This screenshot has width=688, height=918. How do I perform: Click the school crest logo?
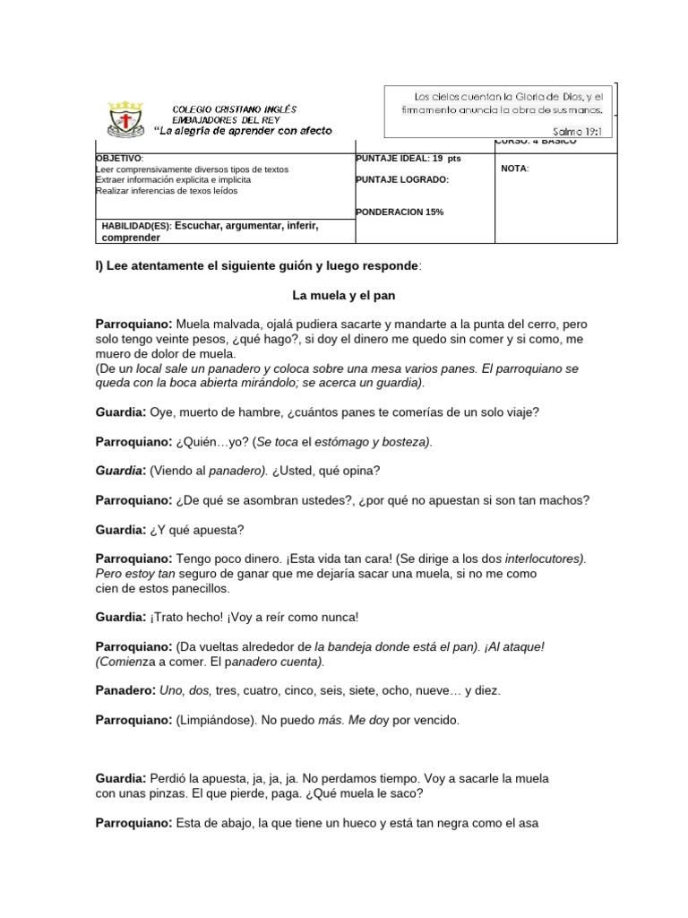(125, 119)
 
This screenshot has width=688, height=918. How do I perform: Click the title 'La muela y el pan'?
(343, 294)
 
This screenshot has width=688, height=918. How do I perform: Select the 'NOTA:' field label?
(515, 169)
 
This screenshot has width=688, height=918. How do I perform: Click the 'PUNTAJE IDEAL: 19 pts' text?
(408, 158)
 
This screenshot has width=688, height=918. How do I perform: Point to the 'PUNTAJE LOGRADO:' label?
(402, 179)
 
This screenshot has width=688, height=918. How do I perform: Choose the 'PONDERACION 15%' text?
(400, 212)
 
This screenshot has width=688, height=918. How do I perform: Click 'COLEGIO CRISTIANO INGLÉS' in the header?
(234, 108)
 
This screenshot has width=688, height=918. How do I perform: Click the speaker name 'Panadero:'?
(125, 690)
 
